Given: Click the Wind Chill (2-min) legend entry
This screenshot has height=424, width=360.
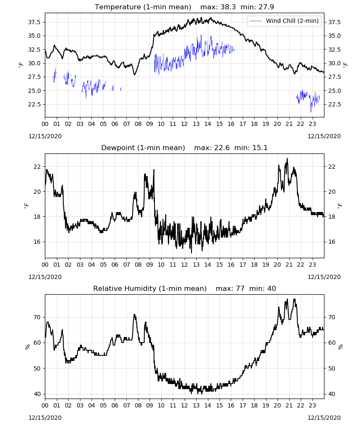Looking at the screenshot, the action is pos(284,21).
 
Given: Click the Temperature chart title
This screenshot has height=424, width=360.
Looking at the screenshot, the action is pos(143,7).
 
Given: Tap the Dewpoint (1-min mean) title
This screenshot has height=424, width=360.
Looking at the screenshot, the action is pos(143,148).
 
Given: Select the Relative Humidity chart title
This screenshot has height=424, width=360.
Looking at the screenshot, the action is pos(150,288).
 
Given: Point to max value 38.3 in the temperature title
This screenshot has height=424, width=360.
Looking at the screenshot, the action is pos(228,7).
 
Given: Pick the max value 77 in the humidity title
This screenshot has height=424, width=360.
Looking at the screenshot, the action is pos(240,288).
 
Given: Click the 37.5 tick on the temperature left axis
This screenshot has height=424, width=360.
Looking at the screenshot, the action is pos(34,22).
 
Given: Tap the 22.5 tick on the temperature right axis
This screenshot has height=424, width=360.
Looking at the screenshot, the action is pos(334,104).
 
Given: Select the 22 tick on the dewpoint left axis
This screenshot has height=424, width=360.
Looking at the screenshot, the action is pos(37,167).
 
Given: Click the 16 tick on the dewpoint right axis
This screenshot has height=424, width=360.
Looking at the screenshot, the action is pos(332,242).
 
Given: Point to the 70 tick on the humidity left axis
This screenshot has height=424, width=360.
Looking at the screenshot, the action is pos(37,317).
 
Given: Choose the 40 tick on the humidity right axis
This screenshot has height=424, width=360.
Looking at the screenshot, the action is pos(332,394).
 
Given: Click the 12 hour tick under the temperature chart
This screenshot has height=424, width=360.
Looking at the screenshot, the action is pos(185,124).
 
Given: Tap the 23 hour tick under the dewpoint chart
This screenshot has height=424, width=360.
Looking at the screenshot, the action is pos(313,265).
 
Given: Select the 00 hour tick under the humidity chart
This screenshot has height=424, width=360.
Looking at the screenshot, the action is pos(45,406).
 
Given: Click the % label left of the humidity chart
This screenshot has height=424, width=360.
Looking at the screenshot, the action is pos(27,347).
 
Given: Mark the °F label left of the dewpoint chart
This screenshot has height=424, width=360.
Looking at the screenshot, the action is pos(26,206).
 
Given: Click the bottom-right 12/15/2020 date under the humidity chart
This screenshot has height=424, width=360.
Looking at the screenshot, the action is pos(324,418).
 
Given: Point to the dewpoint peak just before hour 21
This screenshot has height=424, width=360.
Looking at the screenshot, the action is pos(287,159).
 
